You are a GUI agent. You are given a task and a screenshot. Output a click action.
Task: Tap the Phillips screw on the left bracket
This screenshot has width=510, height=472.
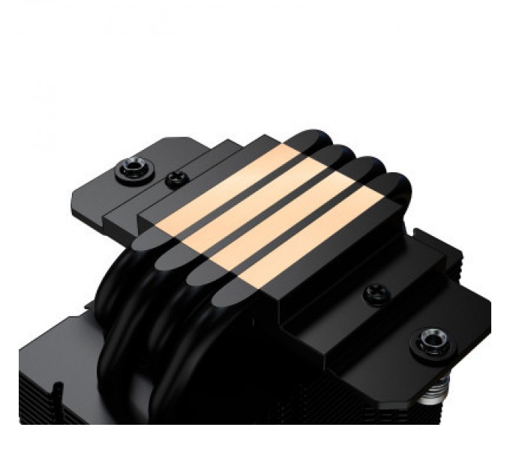pyautogui.click(x=175, y=179)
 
